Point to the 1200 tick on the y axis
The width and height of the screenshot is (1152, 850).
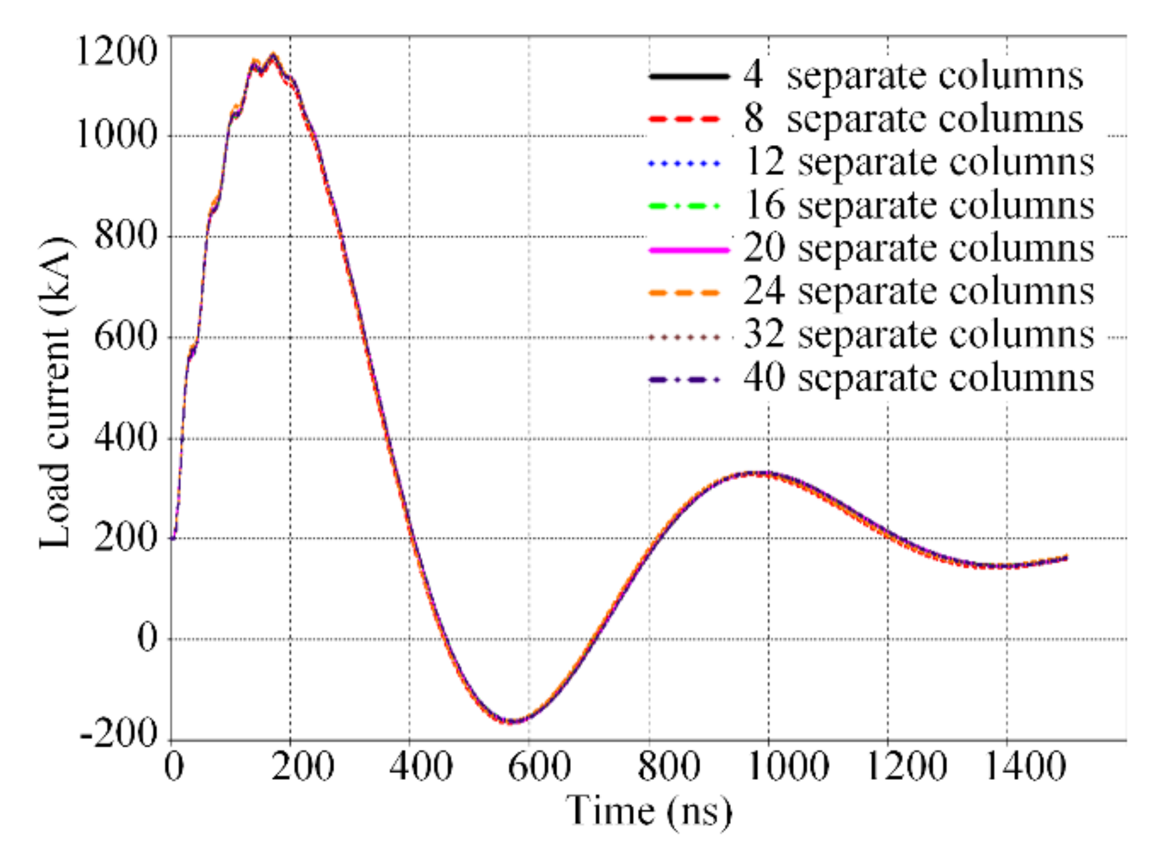116,51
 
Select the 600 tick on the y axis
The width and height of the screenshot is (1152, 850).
125,337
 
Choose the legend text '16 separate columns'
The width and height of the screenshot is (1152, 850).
918,205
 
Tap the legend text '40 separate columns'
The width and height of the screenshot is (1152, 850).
918,378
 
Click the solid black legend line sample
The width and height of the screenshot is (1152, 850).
688,76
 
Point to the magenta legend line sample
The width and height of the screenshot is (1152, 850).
688,250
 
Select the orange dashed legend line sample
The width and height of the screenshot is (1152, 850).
685,293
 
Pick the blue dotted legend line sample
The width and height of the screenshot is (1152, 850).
685,163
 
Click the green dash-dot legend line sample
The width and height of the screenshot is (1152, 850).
685,206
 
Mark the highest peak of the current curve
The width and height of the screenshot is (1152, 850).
273,56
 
